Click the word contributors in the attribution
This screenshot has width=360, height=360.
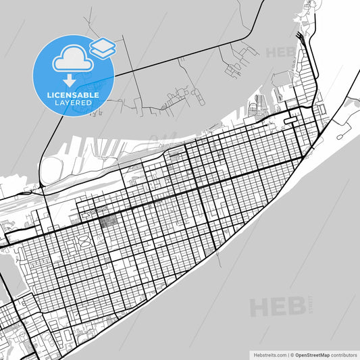point(344,355)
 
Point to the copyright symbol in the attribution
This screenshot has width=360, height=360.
point(292,355)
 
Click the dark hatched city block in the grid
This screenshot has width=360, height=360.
point(108,220)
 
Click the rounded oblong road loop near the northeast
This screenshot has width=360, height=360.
point(290,120)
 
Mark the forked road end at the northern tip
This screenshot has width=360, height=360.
point(297,34)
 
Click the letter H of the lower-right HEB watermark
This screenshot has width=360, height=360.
point(260,307)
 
